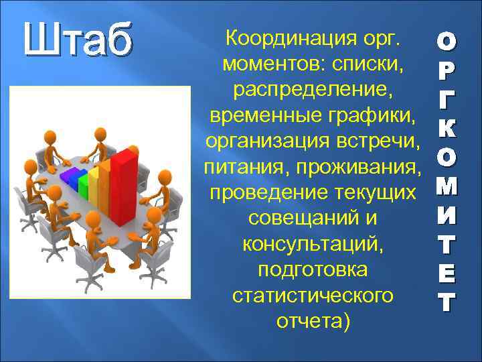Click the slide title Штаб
coord(76,41)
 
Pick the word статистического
coord(312,296)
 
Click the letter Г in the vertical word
coord(446,99)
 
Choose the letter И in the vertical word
coord(446,216)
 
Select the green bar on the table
coord(84,181)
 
